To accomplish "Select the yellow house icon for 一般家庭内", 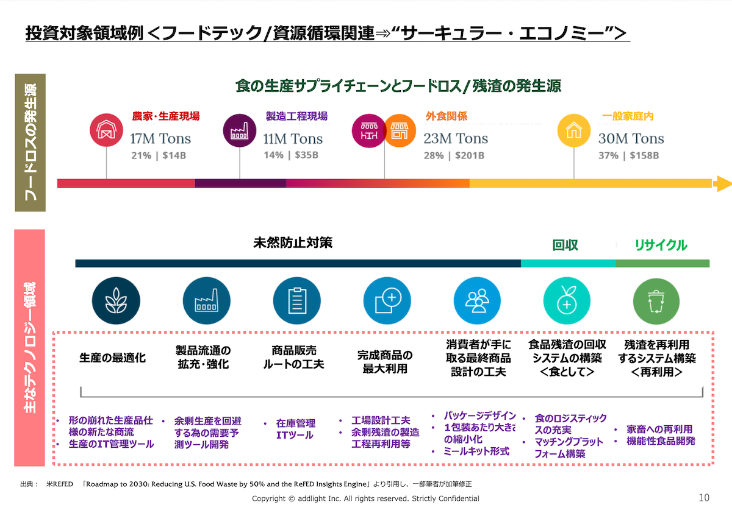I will [574, 130].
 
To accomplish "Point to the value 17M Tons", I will [160, 138].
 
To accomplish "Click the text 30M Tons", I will [631, 138].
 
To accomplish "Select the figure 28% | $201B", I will [454, 155].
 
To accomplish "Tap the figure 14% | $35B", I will [291, 155].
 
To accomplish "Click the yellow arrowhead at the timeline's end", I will [722, 183].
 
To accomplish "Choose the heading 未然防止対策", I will [293, 242].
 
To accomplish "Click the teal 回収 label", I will [565, 245].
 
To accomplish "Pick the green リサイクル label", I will [661, 245].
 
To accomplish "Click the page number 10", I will [704, 498].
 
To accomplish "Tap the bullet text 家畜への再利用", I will [659, 429].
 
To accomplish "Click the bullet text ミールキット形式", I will [476, 451].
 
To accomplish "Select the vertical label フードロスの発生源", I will [30, 143].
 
